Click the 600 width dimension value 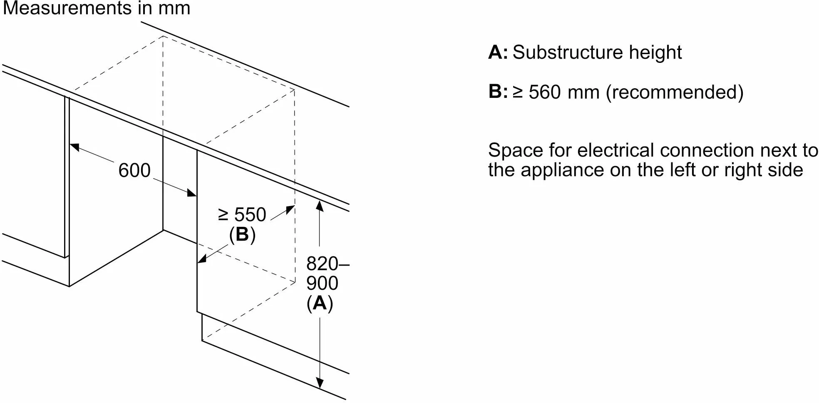[x=134, y=171]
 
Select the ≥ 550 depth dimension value [x=242, y=215]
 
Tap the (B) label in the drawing [x=242, y=234]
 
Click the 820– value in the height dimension [x=328, y=264]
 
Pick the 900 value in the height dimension [x=322, y=283]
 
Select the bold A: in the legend [x=498, y=52]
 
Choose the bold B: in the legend [x=498, y=92]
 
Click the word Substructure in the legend [x=568, y=52]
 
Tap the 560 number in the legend [x=545, y=92]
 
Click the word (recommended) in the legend [x=675, y=92]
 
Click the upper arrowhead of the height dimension [x=320, y=205]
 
